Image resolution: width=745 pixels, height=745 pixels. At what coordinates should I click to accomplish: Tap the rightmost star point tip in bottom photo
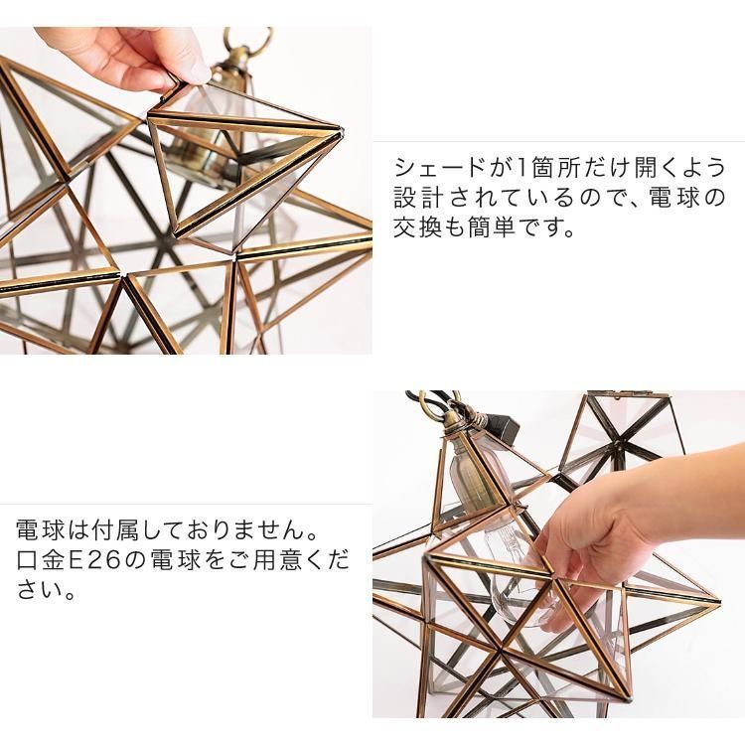pyautogui.click(x=717, y=598)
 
